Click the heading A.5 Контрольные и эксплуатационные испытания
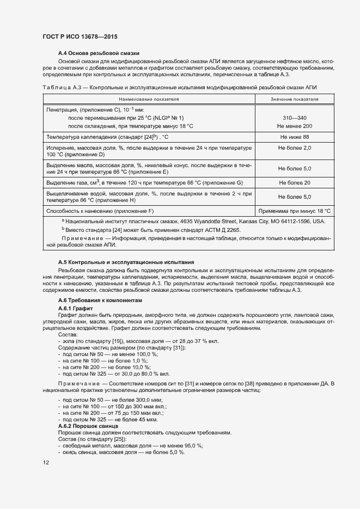click(126, 262)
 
